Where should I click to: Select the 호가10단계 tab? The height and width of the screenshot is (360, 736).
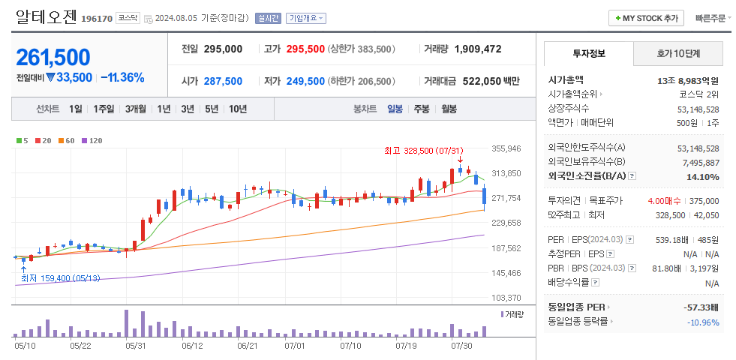[x=678, y=54]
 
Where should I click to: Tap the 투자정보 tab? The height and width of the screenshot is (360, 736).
[x=589, y=54]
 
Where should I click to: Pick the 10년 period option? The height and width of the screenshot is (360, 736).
[x=237, y=109]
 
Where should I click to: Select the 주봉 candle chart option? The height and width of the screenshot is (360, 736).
[x=421, y=109]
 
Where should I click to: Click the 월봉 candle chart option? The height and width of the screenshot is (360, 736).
[x=449, y=109]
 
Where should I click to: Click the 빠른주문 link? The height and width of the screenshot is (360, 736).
[x=710, y=18]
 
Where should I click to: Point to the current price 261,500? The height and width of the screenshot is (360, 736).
[x=53, y=57]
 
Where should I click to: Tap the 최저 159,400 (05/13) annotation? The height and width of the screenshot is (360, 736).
[x=61, y=278]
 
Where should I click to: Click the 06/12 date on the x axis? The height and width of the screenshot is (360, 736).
[x=193, y=346]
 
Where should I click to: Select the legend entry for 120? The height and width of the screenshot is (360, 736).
[x=92, y=140]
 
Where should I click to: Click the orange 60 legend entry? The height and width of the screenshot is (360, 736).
[x=67, y=140]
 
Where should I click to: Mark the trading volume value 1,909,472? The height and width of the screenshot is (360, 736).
[x=478, y=49]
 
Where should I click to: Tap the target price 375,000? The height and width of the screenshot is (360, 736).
[x=704, y=201]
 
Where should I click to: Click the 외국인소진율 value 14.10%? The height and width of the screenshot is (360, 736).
[x=704, y=176]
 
